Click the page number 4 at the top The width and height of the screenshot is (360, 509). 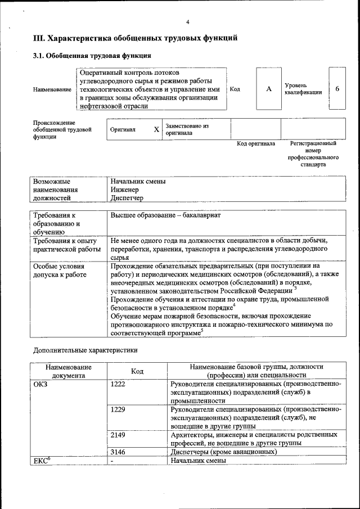click(188, 22)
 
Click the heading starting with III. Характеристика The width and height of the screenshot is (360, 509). click(135, 38)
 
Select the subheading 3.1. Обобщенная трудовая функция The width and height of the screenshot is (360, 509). click(91, 56)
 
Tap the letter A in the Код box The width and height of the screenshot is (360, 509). click(269, 89)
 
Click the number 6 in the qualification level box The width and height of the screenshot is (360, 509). click(337, 89)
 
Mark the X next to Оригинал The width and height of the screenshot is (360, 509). click(156, 129)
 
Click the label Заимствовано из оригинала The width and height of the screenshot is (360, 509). click(187, 129)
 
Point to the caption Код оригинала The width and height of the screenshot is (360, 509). click(256, 144)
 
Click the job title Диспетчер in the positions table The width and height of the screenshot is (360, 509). click(127, 199)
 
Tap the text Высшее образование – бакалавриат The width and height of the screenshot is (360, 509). click(166, 216)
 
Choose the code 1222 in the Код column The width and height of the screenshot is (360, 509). click(118, 384)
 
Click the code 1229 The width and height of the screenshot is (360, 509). click(118, 409)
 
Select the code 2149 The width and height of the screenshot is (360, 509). click(118, 435)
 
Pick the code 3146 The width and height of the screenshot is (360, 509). click(118, 452)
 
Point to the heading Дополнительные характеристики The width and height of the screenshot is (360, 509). click(85, 350)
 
